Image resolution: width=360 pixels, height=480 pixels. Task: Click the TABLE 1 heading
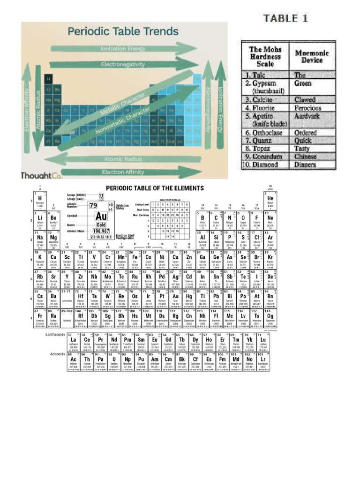(286, 19)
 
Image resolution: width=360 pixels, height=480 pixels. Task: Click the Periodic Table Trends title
(124, 32)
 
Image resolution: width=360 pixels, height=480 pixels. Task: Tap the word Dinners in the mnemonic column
(305, 165)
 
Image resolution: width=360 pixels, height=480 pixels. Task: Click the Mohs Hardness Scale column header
(265, 56)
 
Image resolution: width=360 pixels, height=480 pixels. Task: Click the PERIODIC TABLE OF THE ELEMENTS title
(155, 188)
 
